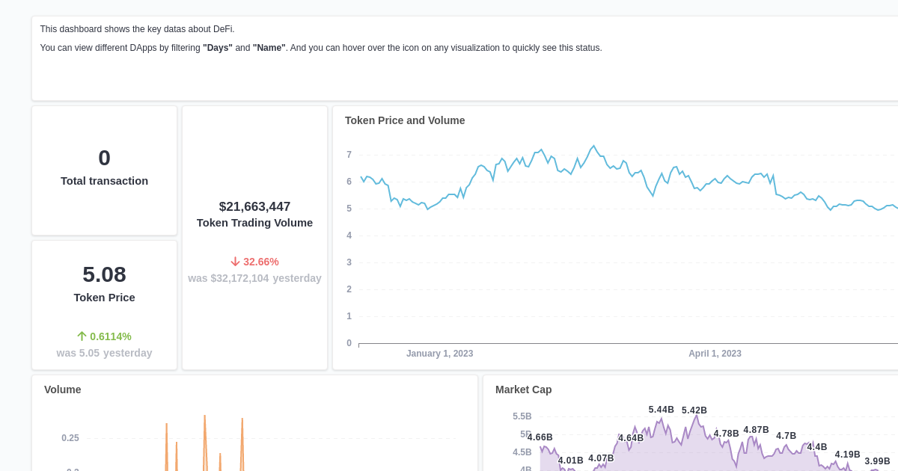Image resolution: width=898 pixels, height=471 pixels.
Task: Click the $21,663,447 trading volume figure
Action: [x=254, y=207]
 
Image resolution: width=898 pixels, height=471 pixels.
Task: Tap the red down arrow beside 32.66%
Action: [x=235, y=262]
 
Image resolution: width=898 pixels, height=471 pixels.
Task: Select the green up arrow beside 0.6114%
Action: [x=82, y=336]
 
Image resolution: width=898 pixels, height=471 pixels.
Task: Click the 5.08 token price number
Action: [x=104, y=274]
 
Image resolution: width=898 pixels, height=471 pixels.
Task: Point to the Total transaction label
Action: [x=104, y=181]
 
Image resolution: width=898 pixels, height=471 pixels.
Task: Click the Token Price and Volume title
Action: [x=405, y=120]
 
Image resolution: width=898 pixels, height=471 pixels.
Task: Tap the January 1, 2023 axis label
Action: [x=439, y=354]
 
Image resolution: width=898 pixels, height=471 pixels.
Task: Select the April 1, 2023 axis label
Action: [x=715, y=354]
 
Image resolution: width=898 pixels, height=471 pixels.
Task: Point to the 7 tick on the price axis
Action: [x=349, y=155]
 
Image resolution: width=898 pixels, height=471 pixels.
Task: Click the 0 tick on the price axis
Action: [x=349, y=343]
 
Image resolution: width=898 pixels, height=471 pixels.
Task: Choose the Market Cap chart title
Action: [x=523, y=390]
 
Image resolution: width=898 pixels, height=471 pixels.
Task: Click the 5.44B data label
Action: [x=661, y=410]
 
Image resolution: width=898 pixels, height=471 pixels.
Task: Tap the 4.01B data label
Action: [x=570, y=461]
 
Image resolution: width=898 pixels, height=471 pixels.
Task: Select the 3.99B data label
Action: [x=877, y=461]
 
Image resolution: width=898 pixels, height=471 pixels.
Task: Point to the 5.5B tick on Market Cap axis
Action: [x=522, y=416]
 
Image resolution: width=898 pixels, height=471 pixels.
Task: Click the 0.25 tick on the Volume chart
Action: [x=70, y=438]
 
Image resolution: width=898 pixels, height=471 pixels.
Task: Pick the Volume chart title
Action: [x=63, y=390]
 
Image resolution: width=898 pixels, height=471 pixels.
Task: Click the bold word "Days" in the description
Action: [x=218, y=48]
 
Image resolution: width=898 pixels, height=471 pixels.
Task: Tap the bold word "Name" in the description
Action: [x=269, y=48]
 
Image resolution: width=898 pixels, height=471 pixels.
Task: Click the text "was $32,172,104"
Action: [x=228, y=278]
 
